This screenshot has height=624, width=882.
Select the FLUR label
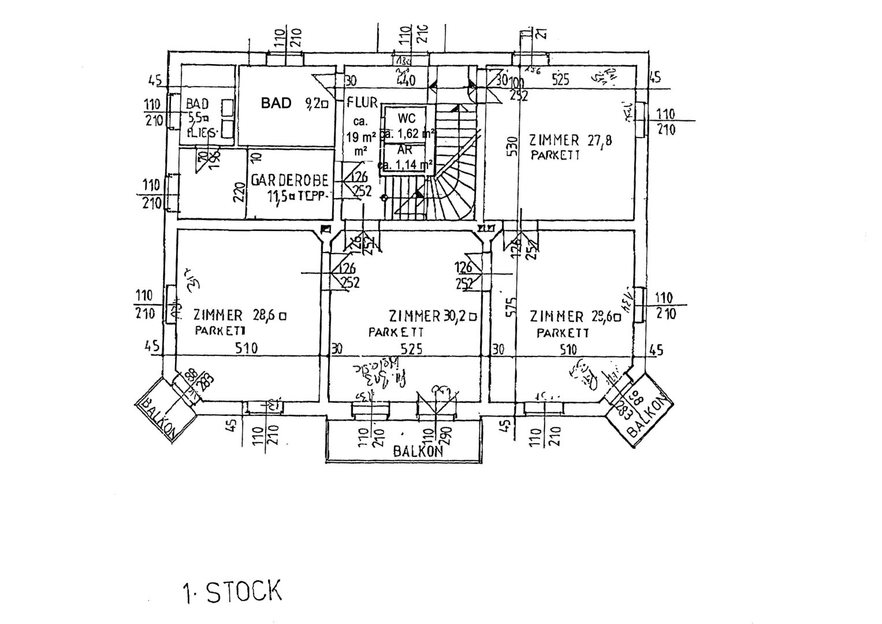pos(362,103)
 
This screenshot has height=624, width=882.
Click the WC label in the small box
pos(407,118)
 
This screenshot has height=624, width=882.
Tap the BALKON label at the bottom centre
pos(418,451)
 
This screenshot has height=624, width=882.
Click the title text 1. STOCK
pos(232,592)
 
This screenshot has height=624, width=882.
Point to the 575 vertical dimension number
pos(509,308)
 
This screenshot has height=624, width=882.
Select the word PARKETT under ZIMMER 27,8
pos(555,155)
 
